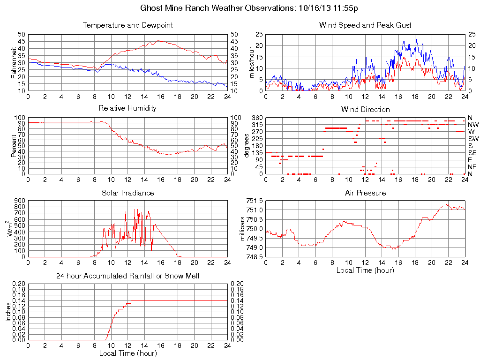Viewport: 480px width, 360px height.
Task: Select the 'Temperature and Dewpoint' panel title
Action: coord(127,25)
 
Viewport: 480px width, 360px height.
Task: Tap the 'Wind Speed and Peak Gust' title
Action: coord(365,25)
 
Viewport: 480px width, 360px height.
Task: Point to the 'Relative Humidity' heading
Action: coord(127,108)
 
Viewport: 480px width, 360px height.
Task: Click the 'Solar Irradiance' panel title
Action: coord(127,193)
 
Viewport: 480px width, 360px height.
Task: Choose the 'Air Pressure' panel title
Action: coord(365,193)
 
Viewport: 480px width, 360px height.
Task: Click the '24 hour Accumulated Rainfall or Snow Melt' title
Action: coord(127,276)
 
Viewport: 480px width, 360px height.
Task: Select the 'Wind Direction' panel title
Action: coord(365,109)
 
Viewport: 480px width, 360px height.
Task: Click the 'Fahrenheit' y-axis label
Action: coord(14,62)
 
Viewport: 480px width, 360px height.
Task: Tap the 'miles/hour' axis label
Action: coord(252,62)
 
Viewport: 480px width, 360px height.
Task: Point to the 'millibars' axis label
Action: coord(243,229)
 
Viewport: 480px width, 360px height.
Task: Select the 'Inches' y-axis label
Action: coord(8,312)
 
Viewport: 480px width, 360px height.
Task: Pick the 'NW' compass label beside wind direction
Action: coord(473,125)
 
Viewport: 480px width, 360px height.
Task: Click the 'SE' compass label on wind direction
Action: coord(472,153)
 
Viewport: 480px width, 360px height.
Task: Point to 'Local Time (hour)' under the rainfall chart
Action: coord(127,353)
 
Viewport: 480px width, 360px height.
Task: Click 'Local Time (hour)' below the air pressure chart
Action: coord(365,270)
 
